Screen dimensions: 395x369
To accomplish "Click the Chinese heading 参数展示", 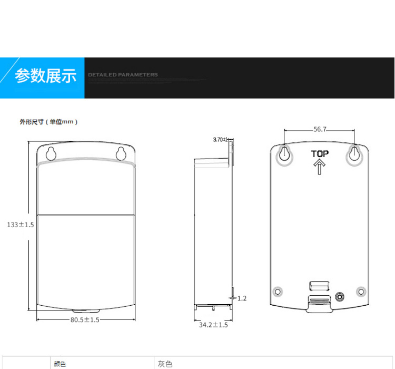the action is pos(45,76).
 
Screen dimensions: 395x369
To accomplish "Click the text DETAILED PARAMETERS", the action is pos(123,75).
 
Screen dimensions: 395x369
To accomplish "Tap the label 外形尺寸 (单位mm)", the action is pos(49,122).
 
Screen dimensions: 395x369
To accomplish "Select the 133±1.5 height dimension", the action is pos(21,225).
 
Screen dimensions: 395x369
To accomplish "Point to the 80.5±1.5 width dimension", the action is pos(85,319).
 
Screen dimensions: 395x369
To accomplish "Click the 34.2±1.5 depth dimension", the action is pos(213,325).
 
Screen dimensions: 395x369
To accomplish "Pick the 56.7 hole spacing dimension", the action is pos(320,129).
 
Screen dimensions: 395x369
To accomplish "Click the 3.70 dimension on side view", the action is pos(219,140).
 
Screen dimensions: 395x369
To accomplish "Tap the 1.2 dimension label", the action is pos(242,298).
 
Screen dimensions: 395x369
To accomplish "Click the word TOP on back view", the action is pos(319,154).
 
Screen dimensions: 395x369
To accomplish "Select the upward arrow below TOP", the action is pos(319,168).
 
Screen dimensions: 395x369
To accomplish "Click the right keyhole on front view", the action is pos(121,153).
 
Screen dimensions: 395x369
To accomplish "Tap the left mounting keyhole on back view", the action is pos(284,154).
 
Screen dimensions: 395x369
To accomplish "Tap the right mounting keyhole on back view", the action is pos(354,154).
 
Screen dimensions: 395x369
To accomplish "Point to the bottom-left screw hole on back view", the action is pos(278,292).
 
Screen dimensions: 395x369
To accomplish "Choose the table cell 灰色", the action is pos(165,364).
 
